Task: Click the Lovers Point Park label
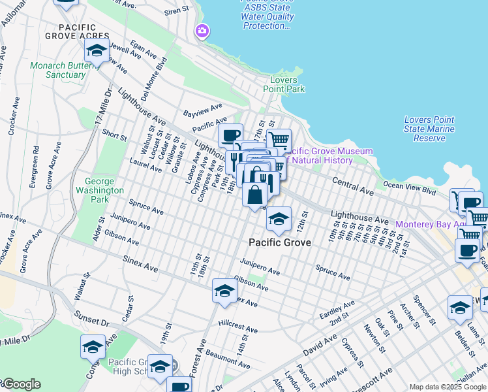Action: [284, 84]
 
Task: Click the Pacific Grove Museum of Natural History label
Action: [331, 155]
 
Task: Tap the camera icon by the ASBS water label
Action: [202, 31]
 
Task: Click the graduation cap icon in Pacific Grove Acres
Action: [97, 50]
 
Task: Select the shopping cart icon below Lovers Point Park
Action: [279, 139]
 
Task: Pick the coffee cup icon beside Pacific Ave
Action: [230, 136]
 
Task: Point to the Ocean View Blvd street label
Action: [410, 189]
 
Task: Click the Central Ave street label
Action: [352, 186]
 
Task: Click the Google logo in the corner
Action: [21, 384]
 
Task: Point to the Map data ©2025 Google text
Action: [448, 387]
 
